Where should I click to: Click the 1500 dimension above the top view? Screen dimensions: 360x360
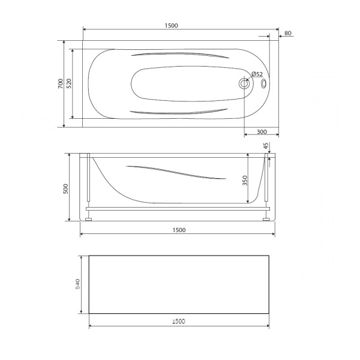171,25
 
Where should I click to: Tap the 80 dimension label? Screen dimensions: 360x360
287,33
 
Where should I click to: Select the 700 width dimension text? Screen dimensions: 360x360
60,84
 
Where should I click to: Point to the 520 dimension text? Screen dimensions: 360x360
69,83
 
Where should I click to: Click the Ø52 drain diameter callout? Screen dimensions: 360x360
257,74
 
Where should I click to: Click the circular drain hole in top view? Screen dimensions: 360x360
244,83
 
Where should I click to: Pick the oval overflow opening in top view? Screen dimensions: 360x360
263,83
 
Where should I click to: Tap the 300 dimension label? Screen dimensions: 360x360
262,132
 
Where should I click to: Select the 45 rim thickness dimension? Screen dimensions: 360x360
266,146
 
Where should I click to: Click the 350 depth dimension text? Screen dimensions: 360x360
245,181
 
